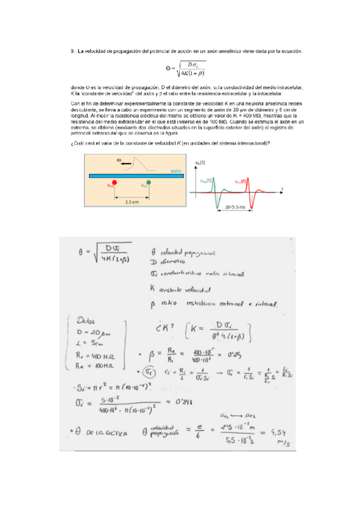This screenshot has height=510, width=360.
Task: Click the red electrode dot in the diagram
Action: [115, 181]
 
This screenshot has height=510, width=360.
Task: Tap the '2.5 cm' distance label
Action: [132, 202]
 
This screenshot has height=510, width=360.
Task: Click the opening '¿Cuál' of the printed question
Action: [78, 142]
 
